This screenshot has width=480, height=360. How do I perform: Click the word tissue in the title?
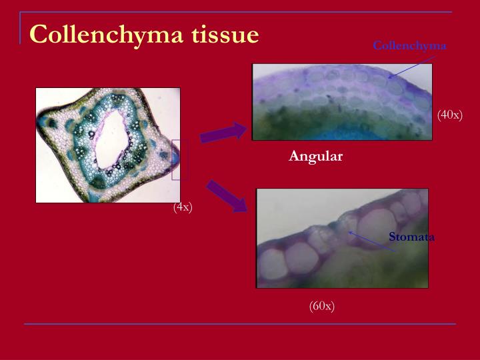point(225,33)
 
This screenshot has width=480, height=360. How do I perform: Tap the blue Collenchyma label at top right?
point(409,46)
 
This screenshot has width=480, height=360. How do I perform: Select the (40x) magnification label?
point(450,115)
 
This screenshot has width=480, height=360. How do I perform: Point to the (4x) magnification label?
point(183,207)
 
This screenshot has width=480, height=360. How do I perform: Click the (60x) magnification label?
point(321,305)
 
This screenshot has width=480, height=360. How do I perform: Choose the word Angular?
point(315,156)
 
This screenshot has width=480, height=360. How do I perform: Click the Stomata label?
point(411,237)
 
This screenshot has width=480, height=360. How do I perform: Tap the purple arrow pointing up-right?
point(223,133)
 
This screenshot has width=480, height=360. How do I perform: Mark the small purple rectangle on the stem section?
point(175,159)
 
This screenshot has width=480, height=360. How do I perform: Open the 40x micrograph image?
point(341,101)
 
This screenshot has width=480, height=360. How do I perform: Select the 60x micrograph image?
point(342,238)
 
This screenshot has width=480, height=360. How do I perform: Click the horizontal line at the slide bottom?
point(240,324)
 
